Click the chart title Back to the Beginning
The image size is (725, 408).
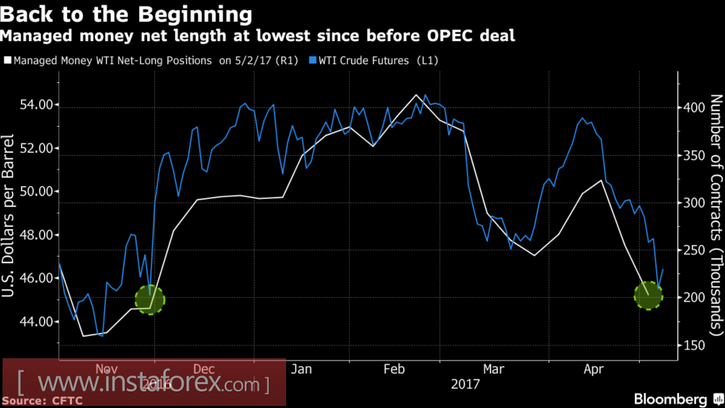[128, 14]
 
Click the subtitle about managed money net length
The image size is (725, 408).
[259, 35]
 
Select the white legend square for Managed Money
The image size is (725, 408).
[8, 61]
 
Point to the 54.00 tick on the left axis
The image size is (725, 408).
[35, 105]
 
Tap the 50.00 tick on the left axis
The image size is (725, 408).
[35, 192]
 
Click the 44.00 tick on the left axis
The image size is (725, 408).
[35, 321]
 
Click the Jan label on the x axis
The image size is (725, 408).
[301, 369]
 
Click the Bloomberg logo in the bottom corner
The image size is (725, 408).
[670, 399]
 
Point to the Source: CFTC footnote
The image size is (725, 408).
[43, 400]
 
